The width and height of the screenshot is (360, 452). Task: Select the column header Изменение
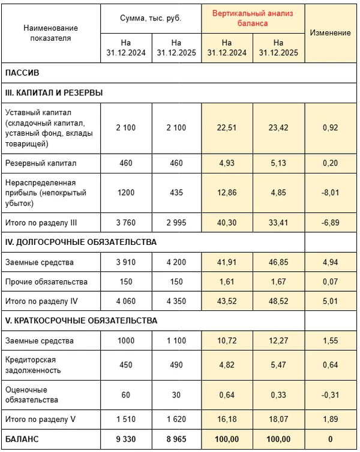[x=331, y=32]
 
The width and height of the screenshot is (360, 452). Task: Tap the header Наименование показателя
[x=50, y=33]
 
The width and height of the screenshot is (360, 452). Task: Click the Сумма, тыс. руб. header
[x=151, y=18]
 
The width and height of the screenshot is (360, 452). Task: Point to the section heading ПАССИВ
[x=22, y=73]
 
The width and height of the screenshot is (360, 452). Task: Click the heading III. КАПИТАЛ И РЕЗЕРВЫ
[x=53, y=93]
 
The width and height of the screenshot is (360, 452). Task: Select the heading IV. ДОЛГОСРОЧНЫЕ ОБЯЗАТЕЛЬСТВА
[x=81, y=243]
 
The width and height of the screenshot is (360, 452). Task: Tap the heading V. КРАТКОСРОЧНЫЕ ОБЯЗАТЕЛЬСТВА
[x=81, y=321]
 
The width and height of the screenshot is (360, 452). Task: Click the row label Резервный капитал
[x=41, y=163]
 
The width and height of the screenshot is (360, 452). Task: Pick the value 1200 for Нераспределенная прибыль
[x=126, y=193]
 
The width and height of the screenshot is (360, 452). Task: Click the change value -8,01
[x=331, y=193]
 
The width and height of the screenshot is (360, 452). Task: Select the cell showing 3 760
[x=126, y=223]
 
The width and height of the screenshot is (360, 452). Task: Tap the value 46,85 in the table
[x=278, y=262]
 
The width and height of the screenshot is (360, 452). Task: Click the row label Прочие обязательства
[x=46, y=282]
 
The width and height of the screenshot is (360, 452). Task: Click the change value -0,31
[x=331, y=394]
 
